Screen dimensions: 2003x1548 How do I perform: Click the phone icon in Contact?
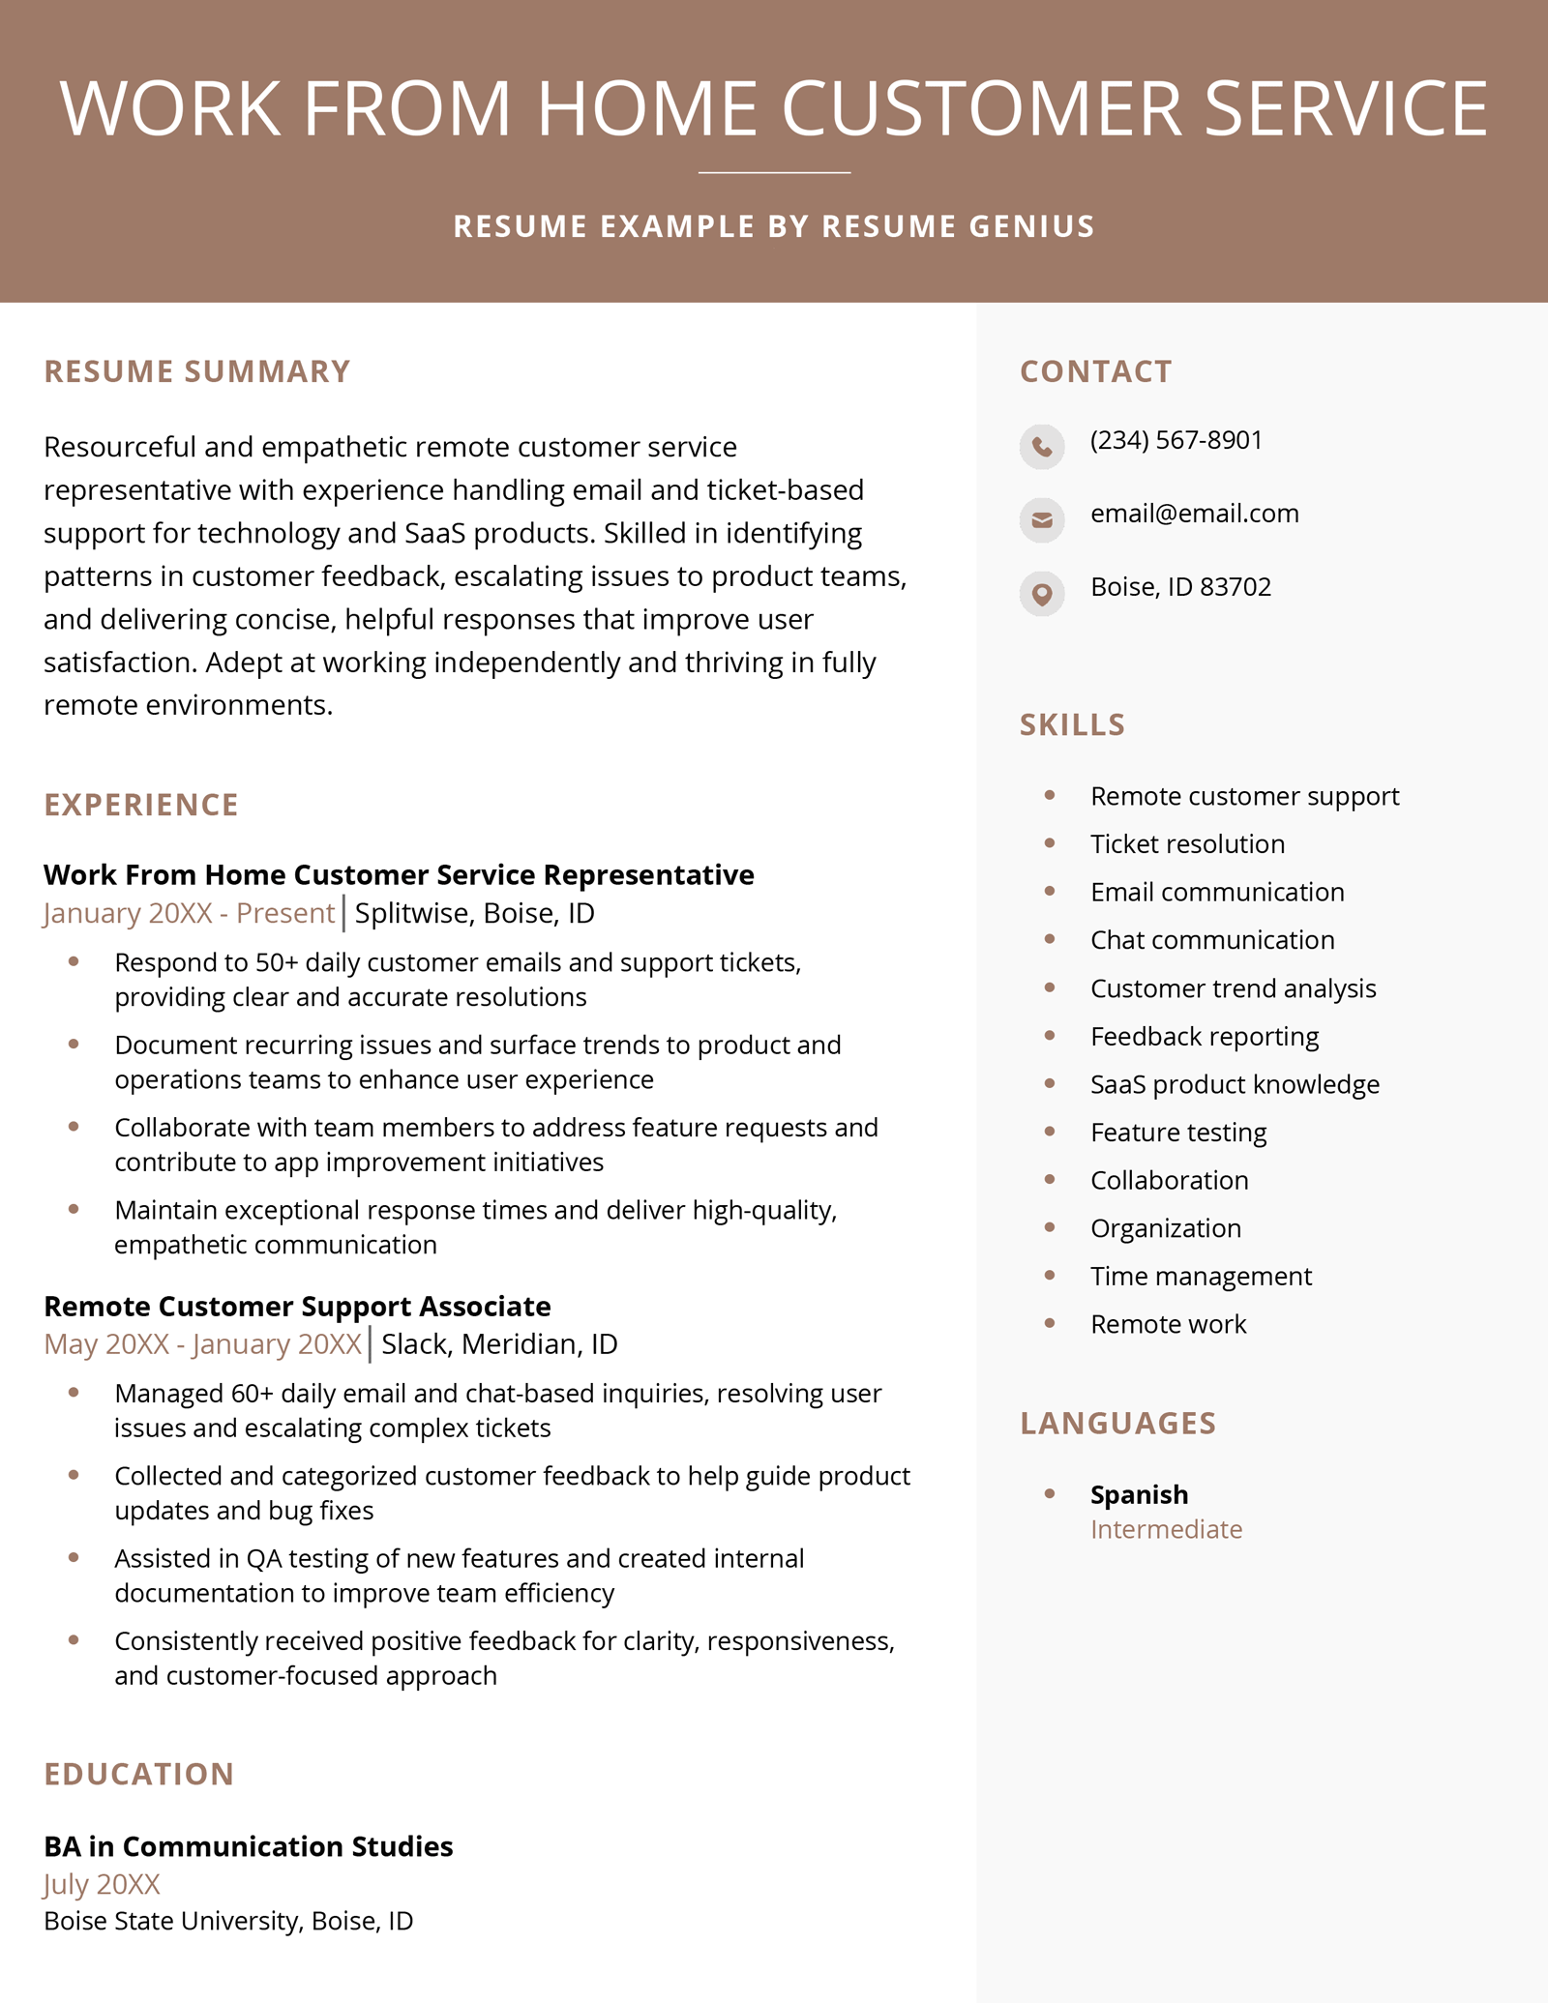[x=1041, y=446]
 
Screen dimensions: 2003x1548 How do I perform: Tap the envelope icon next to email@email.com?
[x=1041, y=519]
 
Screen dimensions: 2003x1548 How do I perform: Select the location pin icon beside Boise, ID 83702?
[x=1041, y=593]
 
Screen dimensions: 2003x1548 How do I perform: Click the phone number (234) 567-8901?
[x=1176, y=440]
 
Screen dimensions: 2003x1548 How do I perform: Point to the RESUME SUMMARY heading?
[x=196, y=371]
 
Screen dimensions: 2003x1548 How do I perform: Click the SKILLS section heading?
[x=1072, y=724]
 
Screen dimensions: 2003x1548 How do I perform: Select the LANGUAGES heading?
[x=1117, y=1423]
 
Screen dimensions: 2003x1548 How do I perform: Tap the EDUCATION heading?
[x=139, y=1774]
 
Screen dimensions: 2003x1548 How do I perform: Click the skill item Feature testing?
[x=1177, y=1132]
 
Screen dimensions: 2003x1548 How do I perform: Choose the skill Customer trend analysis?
[x=1233, y=988]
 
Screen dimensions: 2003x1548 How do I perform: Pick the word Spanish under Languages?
[x=1139, y=1494]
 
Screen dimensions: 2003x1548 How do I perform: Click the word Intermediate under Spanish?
[x=1166, y=1529]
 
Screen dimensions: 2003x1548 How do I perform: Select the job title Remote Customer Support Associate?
[x=297, y=1306]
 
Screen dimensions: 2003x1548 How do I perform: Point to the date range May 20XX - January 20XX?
[x=202, y=1344]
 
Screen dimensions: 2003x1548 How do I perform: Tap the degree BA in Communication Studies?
[x=248, y=1846]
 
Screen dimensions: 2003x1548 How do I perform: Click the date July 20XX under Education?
[x=102, y=1884]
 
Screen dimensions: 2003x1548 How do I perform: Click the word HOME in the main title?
[x=646, y=108]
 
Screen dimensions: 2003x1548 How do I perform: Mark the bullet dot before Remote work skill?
[x=1050, y=1323]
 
